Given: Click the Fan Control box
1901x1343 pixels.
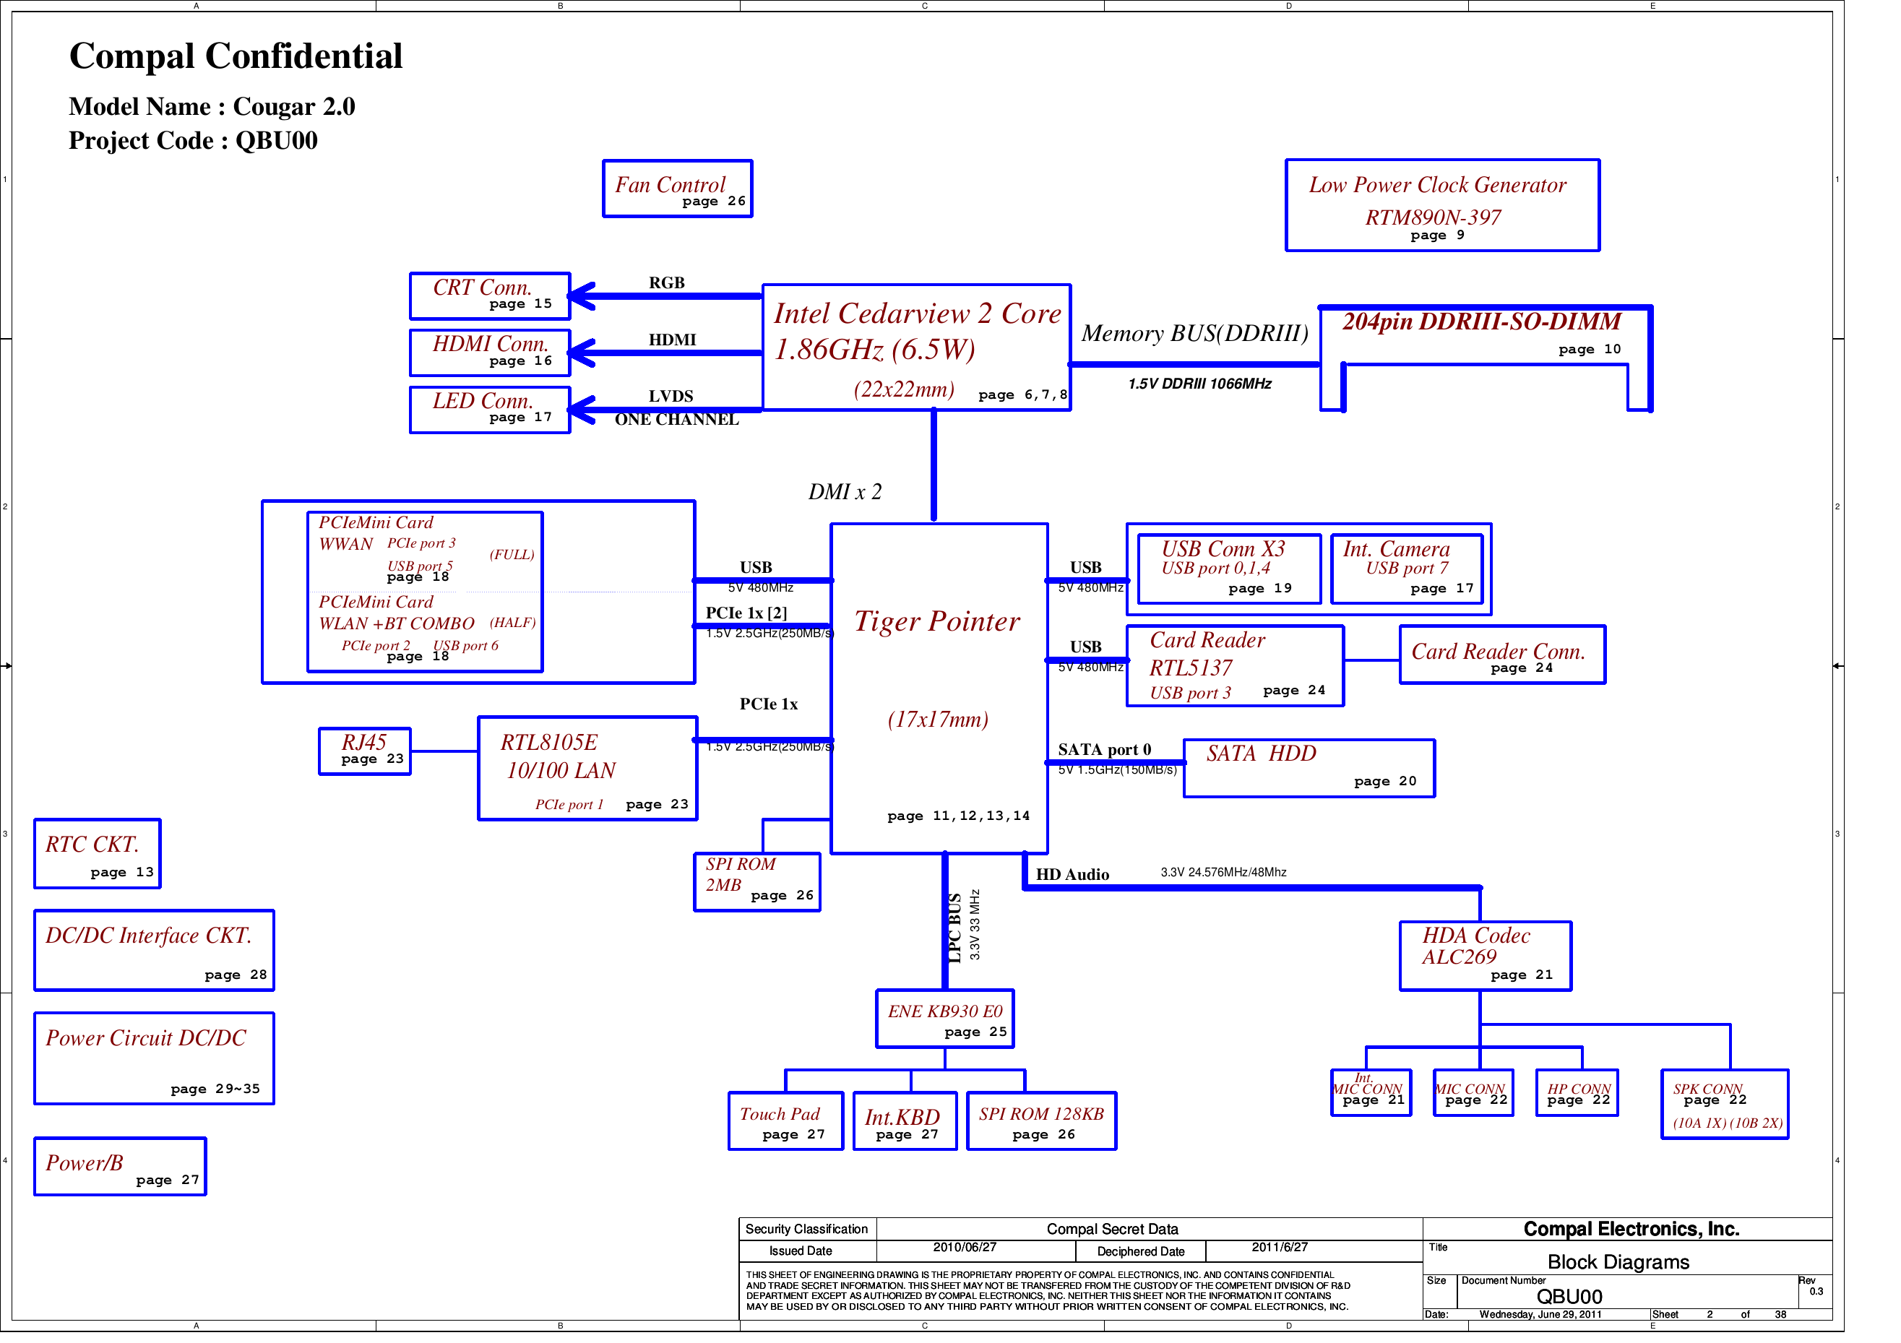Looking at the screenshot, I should point(676,189).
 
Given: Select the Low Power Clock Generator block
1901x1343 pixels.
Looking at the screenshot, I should point(1441,205).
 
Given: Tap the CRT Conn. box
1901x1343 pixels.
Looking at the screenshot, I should point(489,295).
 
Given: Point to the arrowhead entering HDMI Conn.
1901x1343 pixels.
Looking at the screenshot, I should point(579,353).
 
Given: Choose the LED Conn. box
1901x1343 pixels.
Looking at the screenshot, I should point(489,410).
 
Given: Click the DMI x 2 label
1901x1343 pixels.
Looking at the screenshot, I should point(845,492).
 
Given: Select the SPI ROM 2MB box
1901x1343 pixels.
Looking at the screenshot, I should point(756,883).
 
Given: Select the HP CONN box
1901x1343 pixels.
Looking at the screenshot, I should point(1577,1094).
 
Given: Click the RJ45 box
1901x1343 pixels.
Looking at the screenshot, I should point(364,751).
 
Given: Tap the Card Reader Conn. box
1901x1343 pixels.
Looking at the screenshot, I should point(1502,655).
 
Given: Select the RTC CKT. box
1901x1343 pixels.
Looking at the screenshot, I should point(97,854).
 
